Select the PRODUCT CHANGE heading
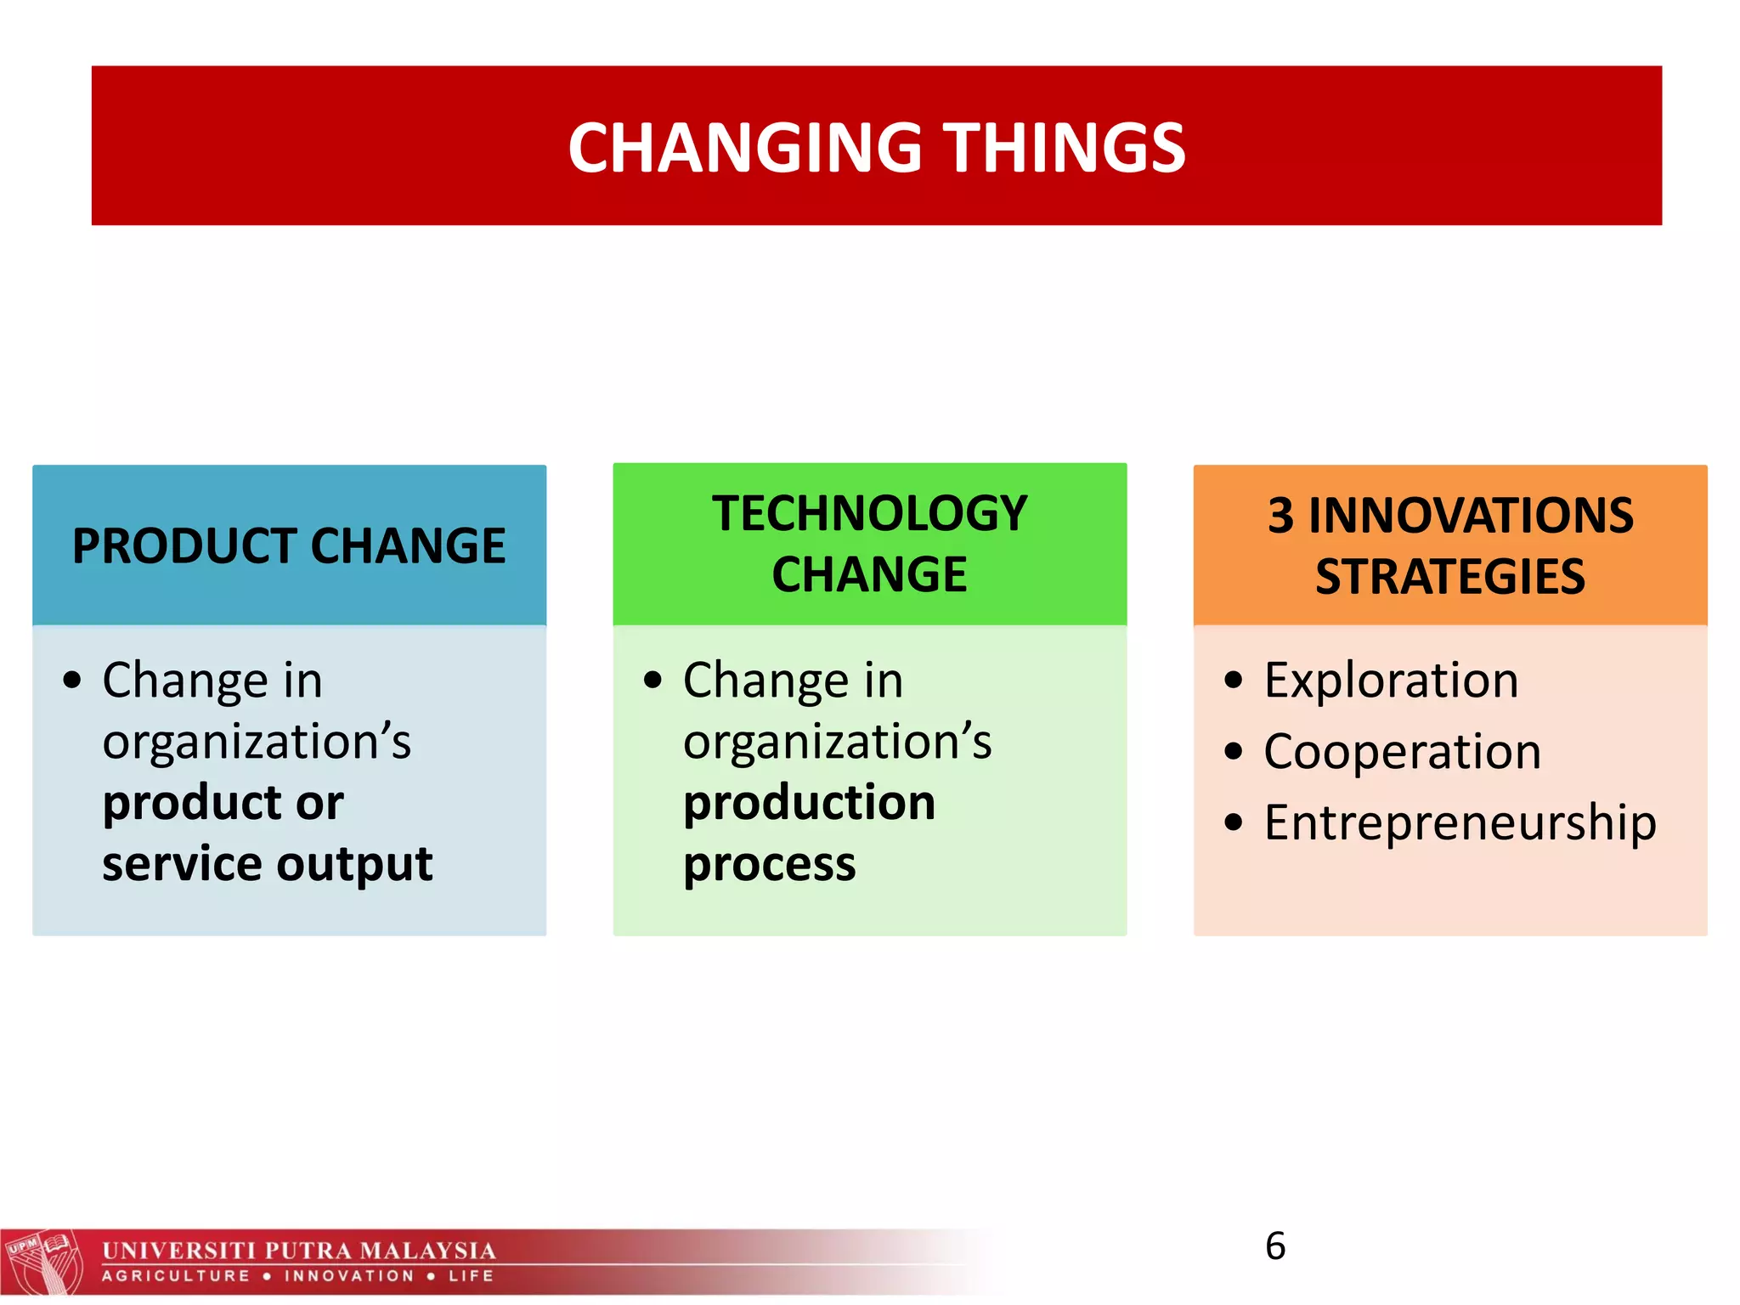(x=289, y=545)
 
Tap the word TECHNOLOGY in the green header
(x=870, y=514)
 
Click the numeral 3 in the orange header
(x=1280, y=515)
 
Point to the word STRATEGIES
(x=1450, y=577)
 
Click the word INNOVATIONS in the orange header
(x=1471, y=515)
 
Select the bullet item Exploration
(x=1391, y=681)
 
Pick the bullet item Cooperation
(x=1402, y=752)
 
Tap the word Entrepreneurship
(x=1460, y=822)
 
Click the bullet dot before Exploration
(x=1234, y=681)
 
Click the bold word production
(x=809, y=803)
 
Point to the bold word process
(x=769, y=865)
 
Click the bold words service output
(x=267, y=864)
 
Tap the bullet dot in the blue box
(x=72, y=681)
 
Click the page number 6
(x=1275, y=1246)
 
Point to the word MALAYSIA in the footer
(x=427, y=1251)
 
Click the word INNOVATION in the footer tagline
(x=349, y=1276)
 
